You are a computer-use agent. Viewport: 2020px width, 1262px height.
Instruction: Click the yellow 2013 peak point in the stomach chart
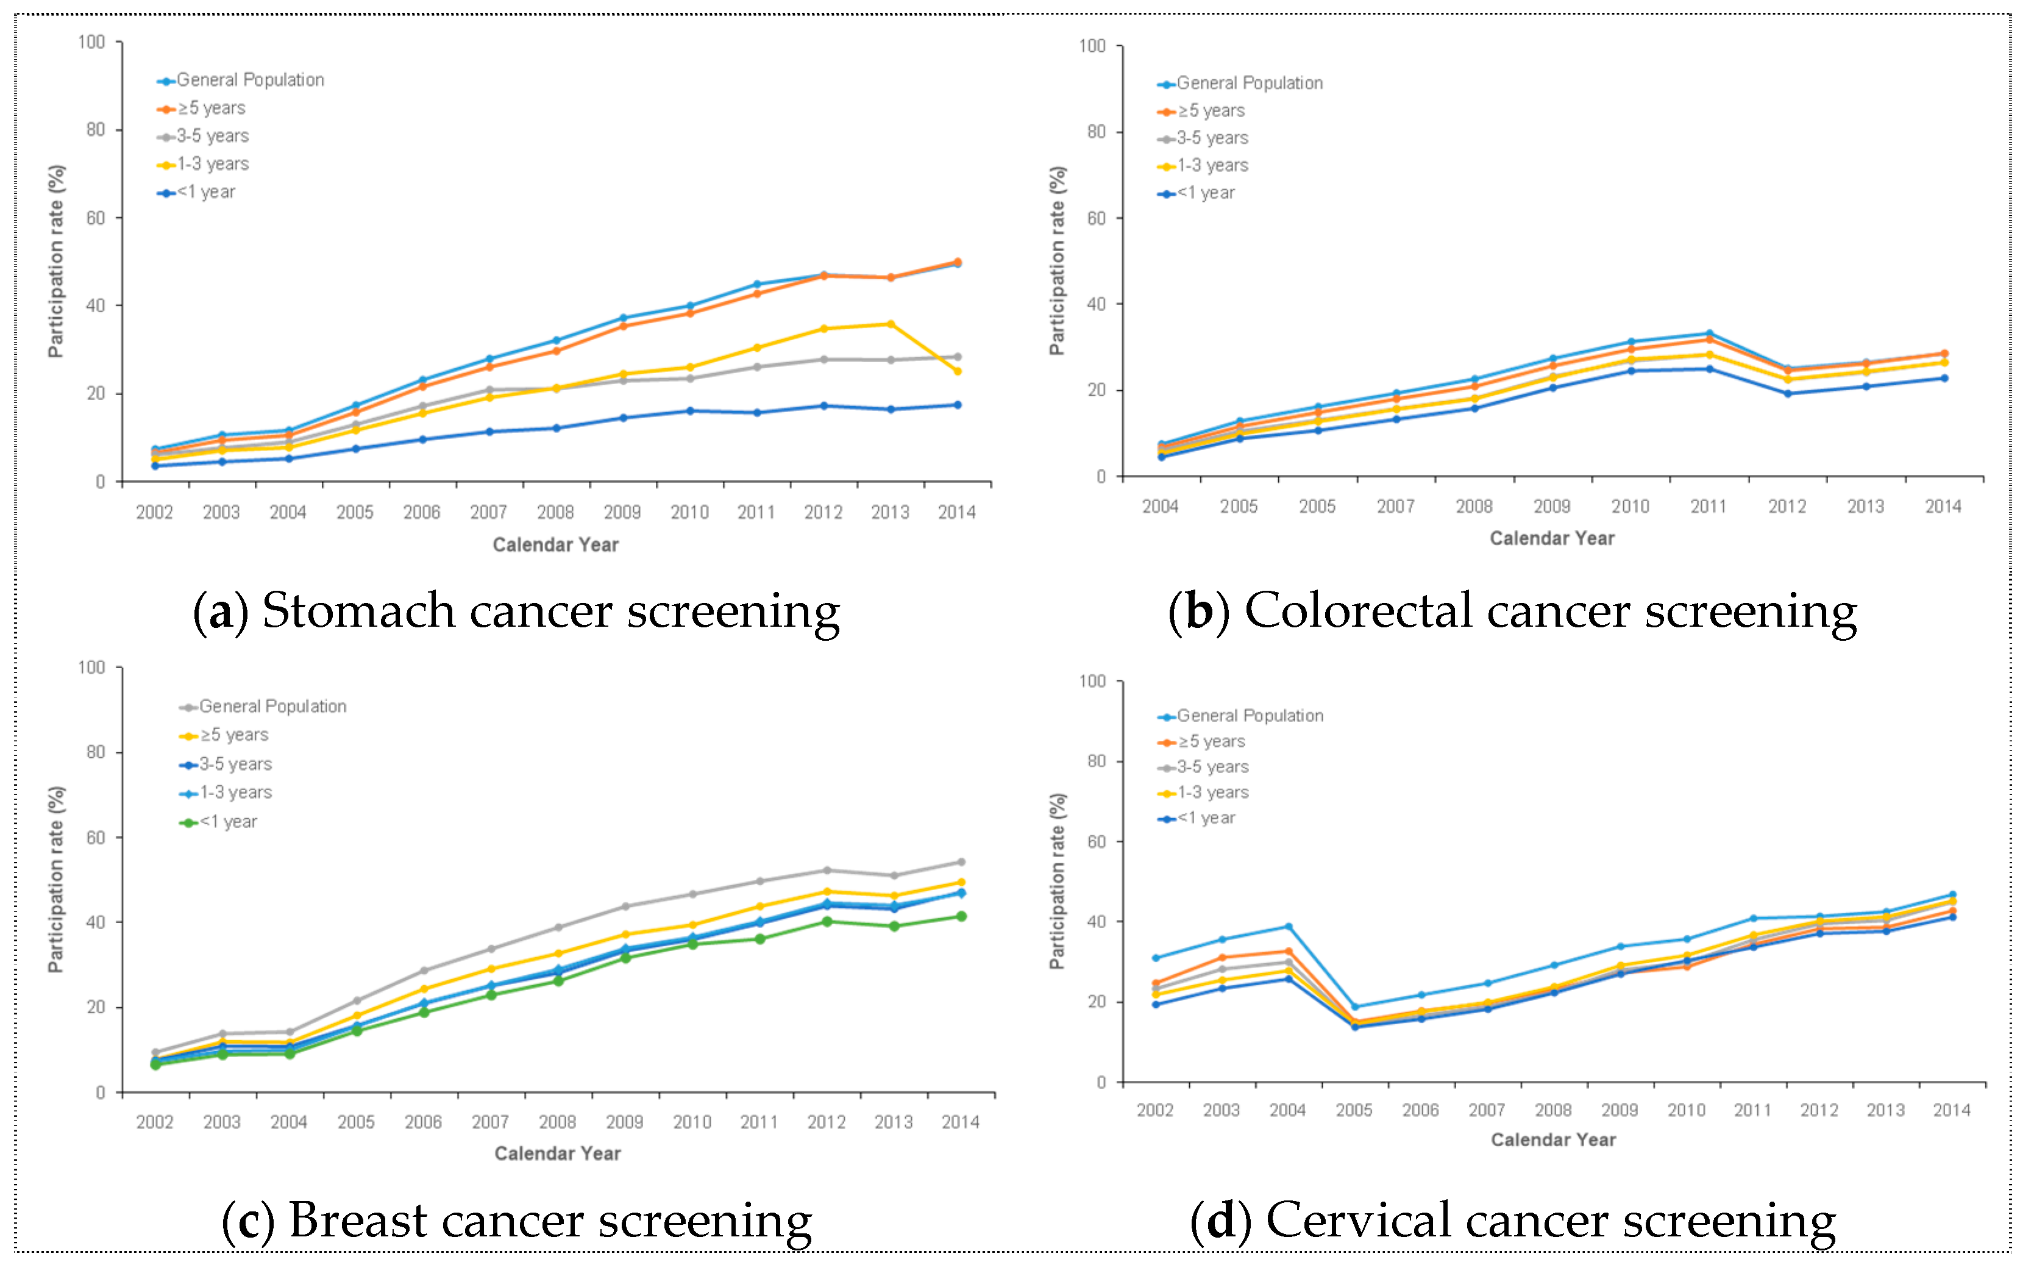pos(891,324)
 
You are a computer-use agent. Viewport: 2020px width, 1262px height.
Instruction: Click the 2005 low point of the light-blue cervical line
pos(1354,1007)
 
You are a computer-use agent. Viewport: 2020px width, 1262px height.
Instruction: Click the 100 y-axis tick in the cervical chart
pos(1092,681)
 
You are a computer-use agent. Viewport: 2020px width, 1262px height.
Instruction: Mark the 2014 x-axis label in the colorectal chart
pos(1943,507)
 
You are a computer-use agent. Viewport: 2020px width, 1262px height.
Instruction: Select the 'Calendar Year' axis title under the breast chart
pos(557,1153)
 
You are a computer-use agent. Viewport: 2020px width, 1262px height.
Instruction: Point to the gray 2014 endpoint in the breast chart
pos(961,862)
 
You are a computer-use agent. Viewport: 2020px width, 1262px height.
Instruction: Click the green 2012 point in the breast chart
pos(826,921)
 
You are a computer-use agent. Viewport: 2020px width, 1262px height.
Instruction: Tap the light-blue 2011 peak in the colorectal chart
pos(1709,334)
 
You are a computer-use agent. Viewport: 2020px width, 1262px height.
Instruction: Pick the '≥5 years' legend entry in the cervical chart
pos(1210,741)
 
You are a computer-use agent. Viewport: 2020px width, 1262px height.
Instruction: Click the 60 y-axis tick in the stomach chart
pos(95,218)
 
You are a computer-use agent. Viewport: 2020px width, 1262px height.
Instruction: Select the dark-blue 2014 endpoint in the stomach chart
pos(957,405)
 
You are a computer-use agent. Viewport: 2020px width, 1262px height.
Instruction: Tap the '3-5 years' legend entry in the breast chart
pos(235,764)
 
